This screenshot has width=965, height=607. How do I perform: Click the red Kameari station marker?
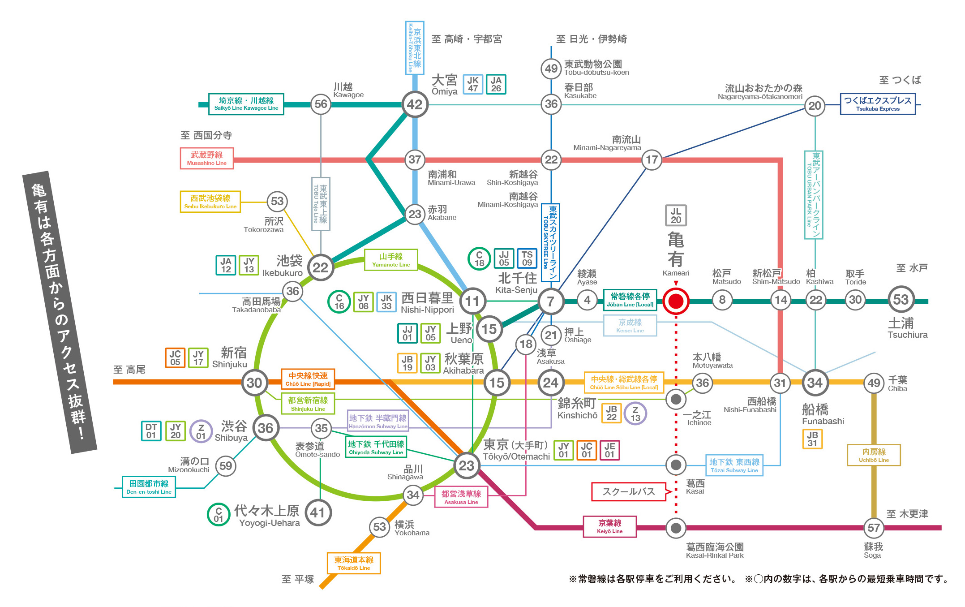676,301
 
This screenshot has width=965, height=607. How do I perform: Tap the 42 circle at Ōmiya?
415,104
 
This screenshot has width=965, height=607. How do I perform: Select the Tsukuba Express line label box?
877,104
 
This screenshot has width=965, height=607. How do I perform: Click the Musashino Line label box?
207,159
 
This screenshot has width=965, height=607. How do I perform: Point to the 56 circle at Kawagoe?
321,104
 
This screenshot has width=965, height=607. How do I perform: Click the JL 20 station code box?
676,216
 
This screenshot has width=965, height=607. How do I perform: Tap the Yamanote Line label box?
391,260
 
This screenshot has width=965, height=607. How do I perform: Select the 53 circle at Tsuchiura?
901,300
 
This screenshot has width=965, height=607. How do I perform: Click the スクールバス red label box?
628,491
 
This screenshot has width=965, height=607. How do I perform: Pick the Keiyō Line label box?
609,526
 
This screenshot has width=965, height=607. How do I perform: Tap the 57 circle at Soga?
873,528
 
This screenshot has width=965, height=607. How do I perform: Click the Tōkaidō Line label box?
354,564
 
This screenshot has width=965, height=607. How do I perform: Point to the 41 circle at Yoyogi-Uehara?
318,512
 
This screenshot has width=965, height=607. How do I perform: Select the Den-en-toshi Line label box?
149,487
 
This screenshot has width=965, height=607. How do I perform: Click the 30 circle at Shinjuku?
254,383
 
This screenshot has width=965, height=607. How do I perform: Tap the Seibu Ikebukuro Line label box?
210,202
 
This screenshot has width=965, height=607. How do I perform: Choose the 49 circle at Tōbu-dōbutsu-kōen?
551,69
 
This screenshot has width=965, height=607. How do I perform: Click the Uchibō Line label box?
873,455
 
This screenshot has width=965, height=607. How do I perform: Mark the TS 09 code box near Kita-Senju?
527,258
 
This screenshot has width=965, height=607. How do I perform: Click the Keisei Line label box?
630,326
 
